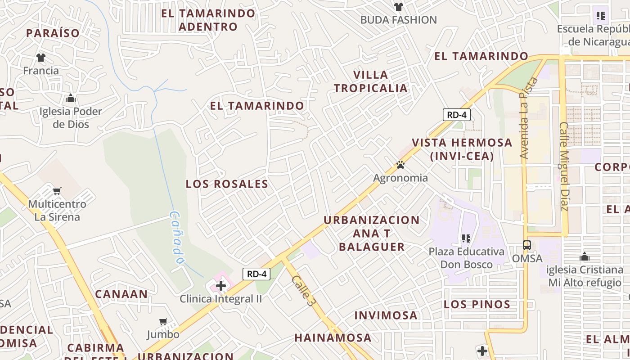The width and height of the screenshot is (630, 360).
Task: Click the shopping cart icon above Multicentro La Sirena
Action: [57, 191]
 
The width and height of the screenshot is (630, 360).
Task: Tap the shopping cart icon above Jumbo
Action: [163, 322]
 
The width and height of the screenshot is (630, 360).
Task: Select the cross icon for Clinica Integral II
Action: [221, 286]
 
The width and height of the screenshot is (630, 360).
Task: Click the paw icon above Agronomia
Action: [400, 165]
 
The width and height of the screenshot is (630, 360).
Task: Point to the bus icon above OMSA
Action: [527, 246]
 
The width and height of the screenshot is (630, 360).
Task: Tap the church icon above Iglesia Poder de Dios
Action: [71, 99]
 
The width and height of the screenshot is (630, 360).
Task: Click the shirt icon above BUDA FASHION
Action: [399, 7]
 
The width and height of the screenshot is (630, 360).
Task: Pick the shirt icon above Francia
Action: [41, 58]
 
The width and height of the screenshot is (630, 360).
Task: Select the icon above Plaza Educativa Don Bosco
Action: [466, 238]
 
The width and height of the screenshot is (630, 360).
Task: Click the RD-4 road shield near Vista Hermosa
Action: [457, 115]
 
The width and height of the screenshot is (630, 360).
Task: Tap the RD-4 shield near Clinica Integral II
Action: [256, 274]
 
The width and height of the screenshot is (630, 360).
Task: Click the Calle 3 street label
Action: [302, 291]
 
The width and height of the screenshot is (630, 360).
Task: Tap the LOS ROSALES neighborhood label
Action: [227, 184]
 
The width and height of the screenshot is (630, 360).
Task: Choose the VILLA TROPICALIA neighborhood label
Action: [370, 81]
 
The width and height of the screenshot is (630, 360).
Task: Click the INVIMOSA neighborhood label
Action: [386, 315]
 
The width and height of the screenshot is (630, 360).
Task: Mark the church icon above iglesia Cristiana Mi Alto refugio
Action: [585, 257]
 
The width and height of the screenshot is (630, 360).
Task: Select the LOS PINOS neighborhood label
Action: [477, 305]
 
